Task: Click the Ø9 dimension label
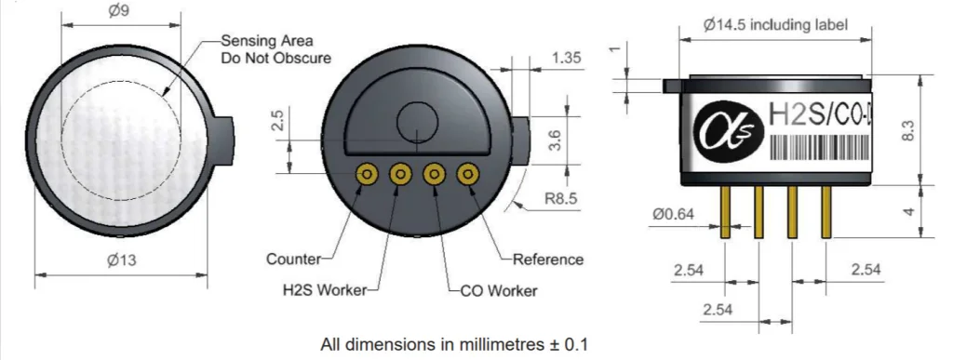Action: [118, 11]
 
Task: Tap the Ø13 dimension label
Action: [122, 260]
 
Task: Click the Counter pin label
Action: [293, 260]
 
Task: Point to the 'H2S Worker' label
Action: [325, 290]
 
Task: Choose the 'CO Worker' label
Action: [499, 291]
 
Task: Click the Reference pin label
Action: [548, 260]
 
